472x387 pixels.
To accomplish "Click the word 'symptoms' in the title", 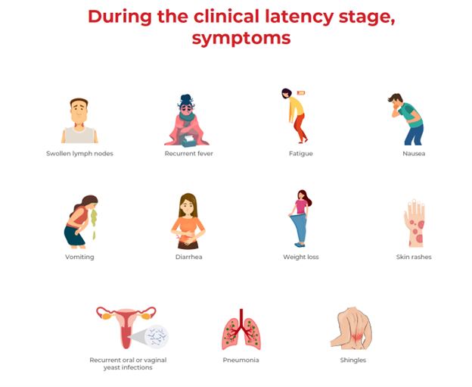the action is pyautogui.click(x=241, y=39).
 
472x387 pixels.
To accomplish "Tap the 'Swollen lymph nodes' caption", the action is pyautogui.click(x=79, y=154).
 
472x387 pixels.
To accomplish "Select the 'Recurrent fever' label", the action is pyautogui.click(x=189, y=154).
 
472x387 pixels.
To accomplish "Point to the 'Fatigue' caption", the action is pyautogui.click(x=301, y=154).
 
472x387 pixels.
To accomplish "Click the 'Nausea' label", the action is pyautogui.click(x=414, y=154).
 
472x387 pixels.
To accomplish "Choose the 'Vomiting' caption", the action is pyautogui.click(x=79, y=257).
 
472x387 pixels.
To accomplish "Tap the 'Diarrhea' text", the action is pyautogui.click(x=189, y=257).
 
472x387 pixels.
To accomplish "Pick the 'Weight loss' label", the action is pyautogui.click(x=301, y=257).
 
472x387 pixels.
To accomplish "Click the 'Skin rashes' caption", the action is pyautogui.click(x=414, y=257).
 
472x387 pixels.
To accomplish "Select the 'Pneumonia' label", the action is pyautogui.click(x=241, y=360).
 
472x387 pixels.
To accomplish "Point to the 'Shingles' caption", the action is pyautogui.click(x=353, y=360).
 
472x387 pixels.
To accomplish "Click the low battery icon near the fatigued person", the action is pyautogui.click(x=301, y=93).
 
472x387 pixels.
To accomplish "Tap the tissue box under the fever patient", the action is pyautogui.click(x=189, y=141).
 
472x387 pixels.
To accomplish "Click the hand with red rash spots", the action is pyautogui.click(x=415, y=223).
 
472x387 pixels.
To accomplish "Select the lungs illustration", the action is pyautogui.click(x=241, y=330).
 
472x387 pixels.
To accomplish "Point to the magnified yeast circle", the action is pyautogui.click(x=157, y=336).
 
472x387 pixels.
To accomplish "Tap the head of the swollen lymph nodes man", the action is pyautogui.click(x=79, y=111).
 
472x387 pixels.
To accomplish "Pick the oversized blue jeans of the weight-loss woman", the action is pyautogui.click(x=300, y=228).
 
